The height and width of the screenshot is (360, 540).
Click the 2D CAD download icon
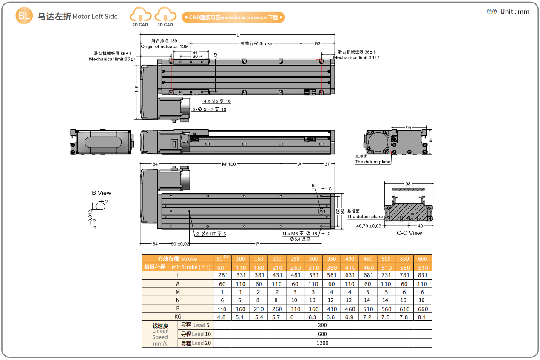tap(140, 16)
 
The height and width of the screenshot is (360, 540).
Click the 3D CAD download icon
tap(165, 16)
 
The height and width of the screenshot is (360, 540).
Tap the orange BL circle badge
tap(23, 16)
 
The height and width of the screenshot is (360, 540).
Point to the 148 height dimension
tap(136, 89)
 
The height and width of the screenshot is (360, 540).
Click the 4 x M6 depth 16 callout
tap(217, 101)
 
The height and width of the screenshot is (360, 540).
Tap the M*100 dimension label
tap(229, 164)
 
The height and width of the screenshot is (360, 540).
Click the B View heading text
tap(102, 193)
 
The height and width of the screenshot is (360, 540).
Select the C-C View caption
tap(409, 233)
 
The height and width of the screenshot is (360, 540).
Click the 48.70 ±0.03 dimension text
tap(369, 226)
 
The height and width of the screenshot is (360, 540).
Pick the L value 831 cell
tap(422, 275)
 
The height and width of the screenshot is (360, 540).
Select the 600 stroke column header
tap(422, 259)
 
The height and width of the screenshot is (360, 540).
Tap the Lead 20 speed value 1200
tap(322, 343)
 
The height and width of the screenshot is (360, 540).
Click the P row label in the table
tap(178, 309)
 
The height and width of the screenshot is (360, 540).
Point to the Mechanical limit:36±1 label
tap(356, 57)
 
